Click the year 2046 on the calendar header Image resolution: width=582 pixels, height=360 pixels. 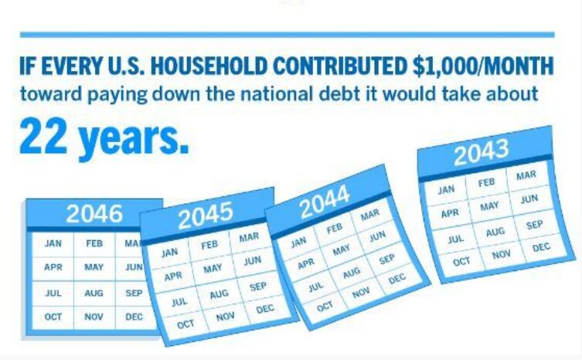pos(94,213)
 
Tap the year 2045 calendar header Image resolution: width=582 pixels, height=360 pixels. pos(206,215)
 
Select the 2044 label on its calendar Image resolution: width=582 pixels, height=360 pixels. pos(325,202)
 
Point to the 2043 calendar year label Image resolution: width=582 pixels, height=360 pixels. pos(481,151)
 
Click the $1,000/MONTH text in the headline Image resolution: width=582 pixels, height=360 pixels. pos(483,66)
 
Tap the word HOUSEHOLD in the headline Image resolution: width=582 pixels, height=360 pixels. pos(209,66)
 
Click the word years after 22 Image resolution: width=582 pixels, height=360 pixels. pos(134,140)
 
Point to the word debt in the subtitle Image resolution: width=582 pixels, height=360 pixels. pos(339,93)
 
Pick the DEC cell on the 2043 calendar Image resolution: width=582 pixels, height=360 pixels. pos(541,247)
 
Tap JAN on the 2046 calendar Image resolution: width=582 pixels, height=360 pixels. pos(53,243)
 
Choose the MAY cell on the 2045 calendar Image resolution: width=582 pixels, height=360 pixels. pos(213,268)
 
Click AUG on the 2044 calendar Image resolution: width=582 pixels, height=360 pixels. pos(352,273)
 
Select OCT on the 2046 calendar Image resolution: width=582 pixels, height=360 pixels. pos(53,317)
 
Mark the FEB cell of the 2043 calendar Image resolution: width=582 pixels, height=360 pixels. pos(486,182)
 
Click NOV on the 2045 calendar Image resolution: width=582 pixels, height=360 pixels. pos(225,317)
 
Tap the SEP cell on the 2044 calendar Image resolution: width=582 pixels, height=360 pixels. pos(386,259)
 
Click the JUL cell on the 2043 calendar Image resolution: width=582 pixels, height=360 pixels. pos(455,239)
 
